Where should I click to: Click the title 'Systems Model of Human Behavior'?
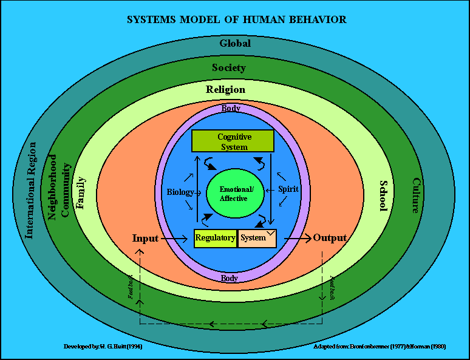pos(236,20)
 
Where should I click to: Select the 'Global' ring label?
pos(235,44)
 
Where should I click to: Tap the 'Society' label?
pos(228,67)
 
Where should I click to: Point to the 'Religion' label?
pos(225,90)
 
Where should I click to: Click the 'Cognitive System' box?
pos(234,141)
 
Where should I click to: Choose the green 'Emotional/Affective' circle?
pos(234,194)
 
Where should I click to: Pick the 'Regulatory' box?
pos(215,238)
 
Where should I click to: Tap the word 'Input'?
pos(145,238)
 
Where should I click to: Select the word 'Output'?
pos(330,238)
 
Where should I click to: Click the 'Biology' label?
pos(180,192)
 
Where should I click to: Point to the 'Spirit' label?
pos(288,189)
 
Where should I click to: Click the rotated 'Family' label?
pos(81,192)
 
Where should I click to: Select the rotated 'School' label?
pos(383,195)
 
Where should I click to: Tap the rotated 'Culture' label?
pos(416,195)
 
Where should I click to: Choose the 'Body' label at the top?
pos(231,109)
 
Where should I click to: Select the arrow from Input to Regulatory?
pos(176,239)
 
